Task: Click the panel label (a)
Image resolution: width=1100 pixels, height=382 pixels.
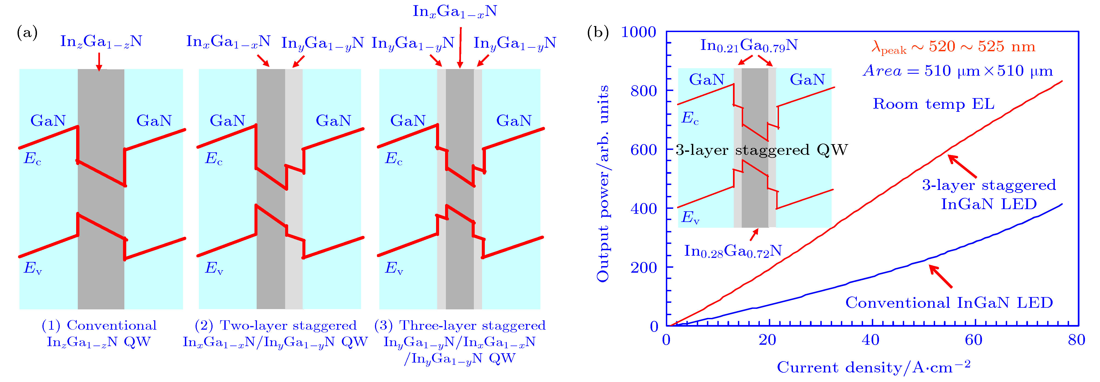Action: (27, 33)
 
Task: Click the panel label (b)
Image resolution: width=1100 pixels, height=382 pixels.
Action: (598, 33)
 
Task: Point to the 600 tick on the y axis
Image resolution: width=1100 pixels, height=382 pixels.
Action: (643, 150)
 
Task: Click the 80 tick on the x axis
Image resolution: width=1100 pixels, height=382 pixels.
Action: (1076, 340)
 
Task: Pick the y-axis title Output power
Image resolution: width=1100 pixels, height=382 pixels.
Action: (603, 184)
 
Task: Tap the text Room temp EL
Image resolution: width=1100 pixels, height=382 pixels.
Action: (933, 104)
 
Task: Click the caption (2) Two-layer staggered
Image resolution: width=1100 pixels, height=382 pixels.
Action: (276, 326)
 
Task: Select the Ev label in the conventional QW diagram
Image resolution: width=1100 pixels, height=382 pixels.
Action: (32, 268)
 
